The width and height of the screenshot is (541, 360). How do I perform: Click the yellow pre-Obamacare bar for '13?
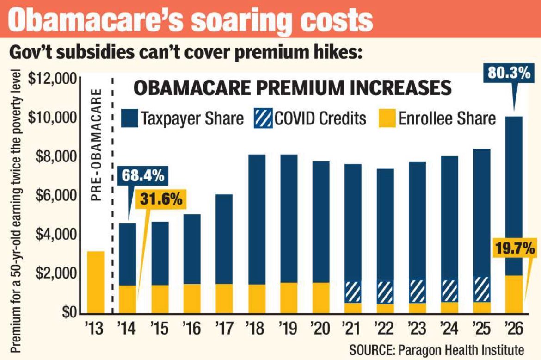tap(96, 282)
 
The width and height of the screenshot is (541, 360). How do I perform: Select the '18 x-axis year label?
tap(256, 329)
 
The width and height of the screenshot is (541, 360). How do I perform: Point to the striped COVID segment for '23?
tap(417, 292)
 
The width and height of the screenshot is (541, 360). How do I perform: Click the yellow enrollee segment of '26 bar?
tap(513, 294)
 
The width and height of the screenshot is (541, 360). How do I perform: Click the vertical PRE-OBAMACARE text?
tap(96, 143)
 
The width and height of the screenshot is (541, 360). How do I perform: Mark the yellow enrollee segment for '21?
tap(353, 308)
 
